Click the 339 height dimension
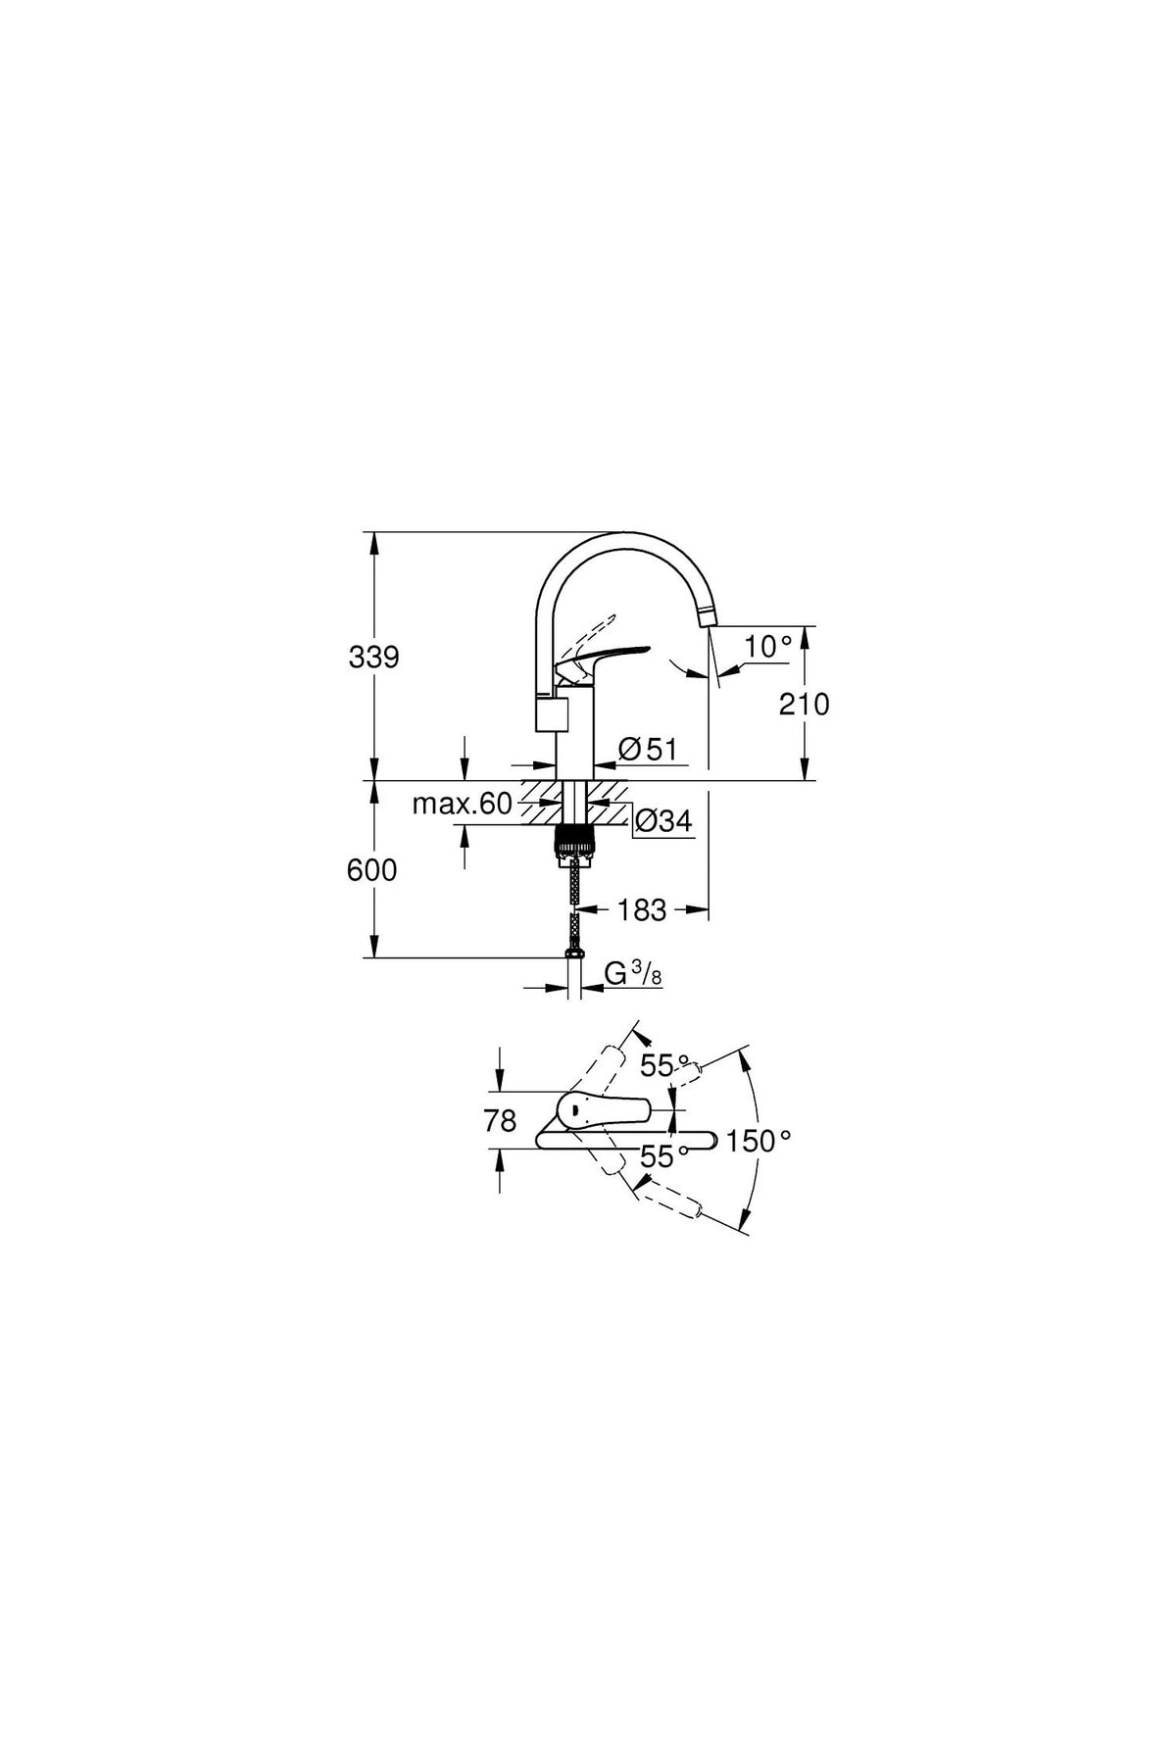(x=374, y=657)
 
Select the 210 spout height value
(x=804, y=704)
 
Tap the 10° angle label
(x=768, y=647)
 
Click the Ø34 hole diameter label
(x=663, y=821)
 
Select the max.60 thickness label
(x=462, y=804)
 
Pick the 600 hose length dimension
(x=372, y=869)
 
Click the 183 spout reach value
(x=642, y=910)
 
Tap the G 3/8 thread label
(x=633, y=974)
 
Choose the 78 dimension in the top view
(x=500, y=1121)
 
